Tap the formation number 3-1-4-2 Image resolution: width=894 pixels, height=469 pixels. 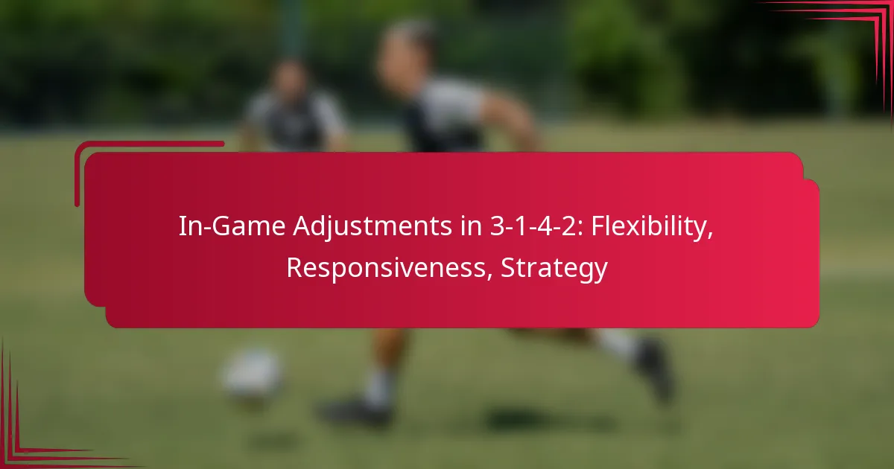tap(517, 228)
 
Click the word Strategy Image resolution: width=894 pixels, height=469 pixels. tap(554, 268)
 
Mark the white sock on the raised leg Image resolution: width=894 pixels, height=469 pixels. tap(615, 343)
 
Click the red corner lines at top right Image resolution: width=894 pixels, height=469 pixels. tap(857, 30)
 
